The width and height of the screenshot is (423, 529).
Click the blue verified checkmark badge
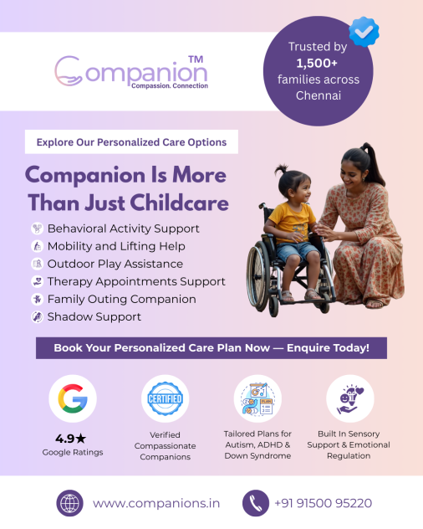[364, 32]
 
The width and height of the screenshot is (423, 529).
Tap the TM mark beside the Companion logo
[196, 59]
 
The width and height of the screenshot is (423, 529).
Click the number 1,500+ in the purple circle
[317, 63]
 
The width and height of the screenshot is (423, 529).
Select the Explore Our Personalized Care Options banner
[131, 141]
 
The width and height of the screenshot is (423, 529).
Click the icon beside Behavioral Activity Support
[38, 229]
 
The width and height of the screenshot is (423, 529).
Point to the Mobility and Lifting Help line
[116, 246]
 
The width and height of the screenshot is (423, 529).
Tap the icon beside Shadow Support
[38, 316]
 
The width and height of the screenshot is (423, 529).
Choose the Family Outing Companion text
[122, 300]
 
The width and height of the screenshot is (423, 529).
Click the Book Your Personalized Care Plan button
[211, 348]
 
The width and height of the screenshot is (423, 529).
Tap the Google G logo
[73, 398]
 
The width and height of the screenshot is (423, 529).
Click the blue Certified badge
[166, 398]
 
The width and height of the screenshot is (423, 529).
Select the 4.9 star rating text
[71, 439]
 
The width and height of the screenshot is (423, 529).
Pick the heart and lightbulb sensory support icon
[350, 399]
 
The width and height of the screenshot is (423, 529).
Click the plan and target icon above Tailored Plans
[257, 398]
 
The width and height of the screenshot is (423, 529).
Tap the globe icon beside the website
[69, 503]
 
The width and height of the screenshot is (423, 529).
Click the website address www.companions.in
[156, 503]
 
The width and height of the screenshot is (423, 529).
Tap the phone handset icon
[256, 503]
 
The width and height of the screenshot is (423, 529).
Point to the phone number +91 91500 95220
[324, 503]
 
